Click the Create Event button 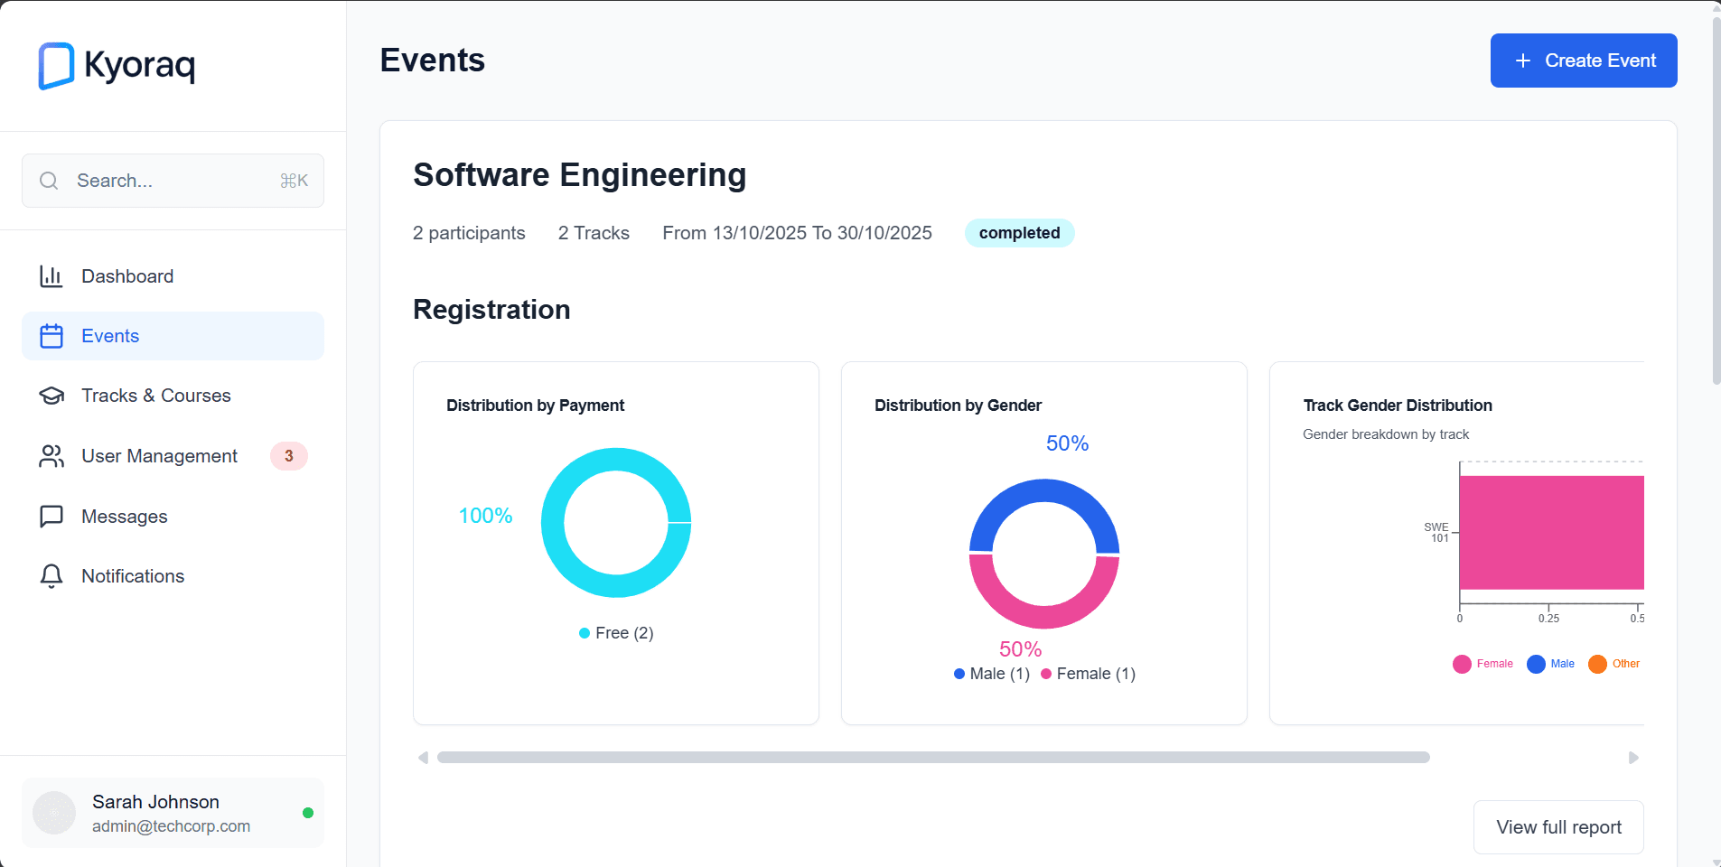click(1583, 61)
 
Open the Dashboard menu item click(127, 276)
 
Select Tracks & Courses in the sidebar click(155, 396)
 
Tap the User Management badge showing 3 click(289, 456)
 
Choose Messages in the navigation click(124, 517)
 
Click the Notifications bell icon click(51, 576)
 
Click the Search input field click(172, 181)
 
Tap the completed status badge click(1019, 233)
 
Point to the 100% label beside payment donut click(485, 516)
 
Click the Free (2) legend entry click(616, 633)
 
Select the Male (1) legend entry click(992, 674)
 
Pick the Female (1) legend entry click(1089, 674)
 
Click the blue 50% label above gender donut click(1067, 443)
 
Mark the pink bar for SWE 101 click(1550, 533)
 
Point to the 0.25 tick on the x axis click(1548, 618)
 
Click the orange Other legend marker click(1597, 664)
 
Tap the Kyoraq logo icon click(56, 66)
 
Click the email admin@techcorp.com click(171, 826)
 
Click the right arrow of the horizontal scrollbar click(1633, 758)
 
